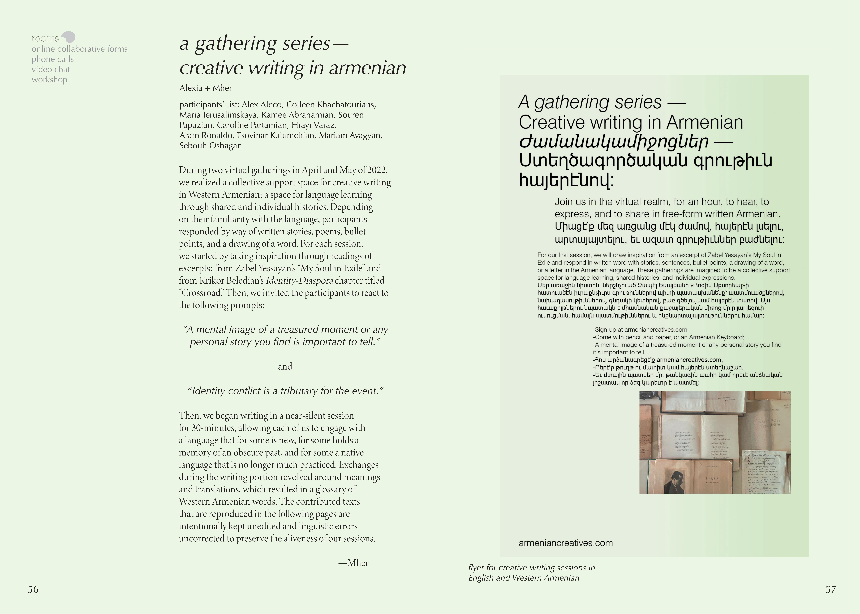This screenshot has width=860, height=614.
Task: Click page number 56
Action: tap(33, 589)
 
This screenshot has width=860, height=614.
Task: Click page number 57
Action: tap(831, 589)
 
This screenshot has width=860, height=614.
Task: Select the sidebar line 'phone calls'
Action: tap(53, 59)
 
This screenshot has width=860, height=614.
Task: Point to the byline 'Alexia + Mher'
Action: tap(205, 88)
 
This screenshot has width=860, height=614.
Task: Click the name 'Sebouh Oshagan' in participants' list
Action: tap(210, 146)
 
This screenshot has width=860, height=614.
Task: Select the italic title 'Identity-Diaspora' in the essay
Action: tap(300, 280)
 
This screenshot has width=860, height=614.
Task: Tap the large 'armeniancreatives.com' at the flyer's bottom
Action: tap(565, 543)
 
